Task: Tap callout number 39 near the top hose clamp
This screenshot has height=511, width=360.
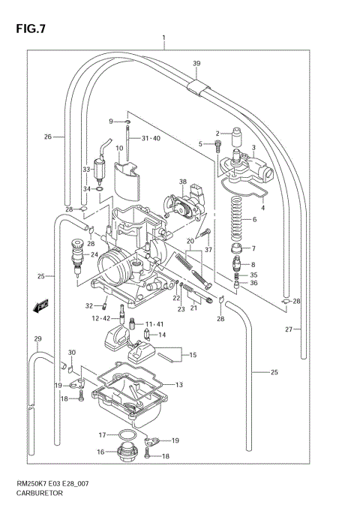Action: (x=196, y=62)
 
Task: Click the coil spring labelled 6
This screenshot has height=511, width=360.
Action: (x=239, y=218)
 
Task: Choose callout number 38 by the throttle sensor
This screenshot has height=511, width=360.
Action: (x=182, y=182)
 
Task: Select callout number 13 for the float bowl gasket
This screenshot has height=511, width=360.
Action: (x=178, y=385)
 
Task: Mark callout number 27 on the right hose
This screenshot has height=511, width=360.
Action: (x=287, y=329)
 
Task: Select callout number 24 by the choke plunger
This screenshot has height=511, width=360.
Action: (x=95, y=254)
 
